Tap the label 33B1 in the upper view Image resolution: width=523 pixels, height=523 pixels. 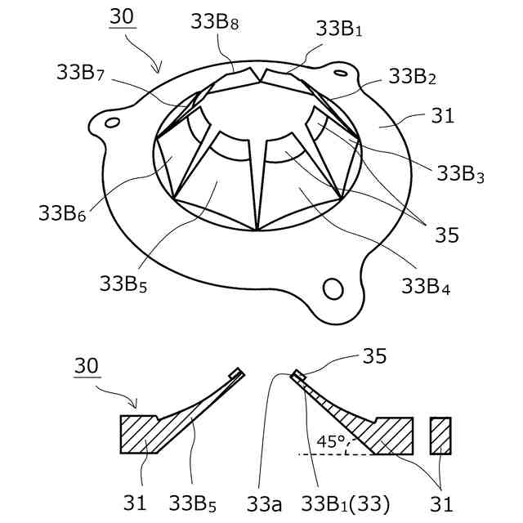click(338, 29)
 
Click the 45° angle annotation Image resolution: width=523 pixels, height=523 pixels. click(329, 442)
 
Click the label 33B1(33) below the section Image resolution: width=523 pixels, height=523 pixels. click(343, 500)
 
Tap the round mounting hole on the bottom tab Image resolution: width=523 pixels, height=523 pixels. click(333, 288)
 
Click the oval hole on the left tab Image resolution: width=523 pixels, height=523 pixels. click(113, 123)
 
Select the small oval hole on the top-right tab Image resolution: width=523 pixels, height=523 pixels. click(340, 73)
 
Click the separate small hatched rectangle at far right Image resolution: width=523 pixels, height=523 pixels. click(440, 435)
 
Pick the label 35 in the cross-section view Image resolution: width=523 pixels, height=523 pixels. click(373, 356)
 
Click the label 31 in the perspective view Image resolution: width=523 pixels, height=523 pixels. click(441, 117)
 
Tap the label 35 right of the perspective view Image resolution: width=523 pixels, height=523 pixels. click(446, 235)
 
